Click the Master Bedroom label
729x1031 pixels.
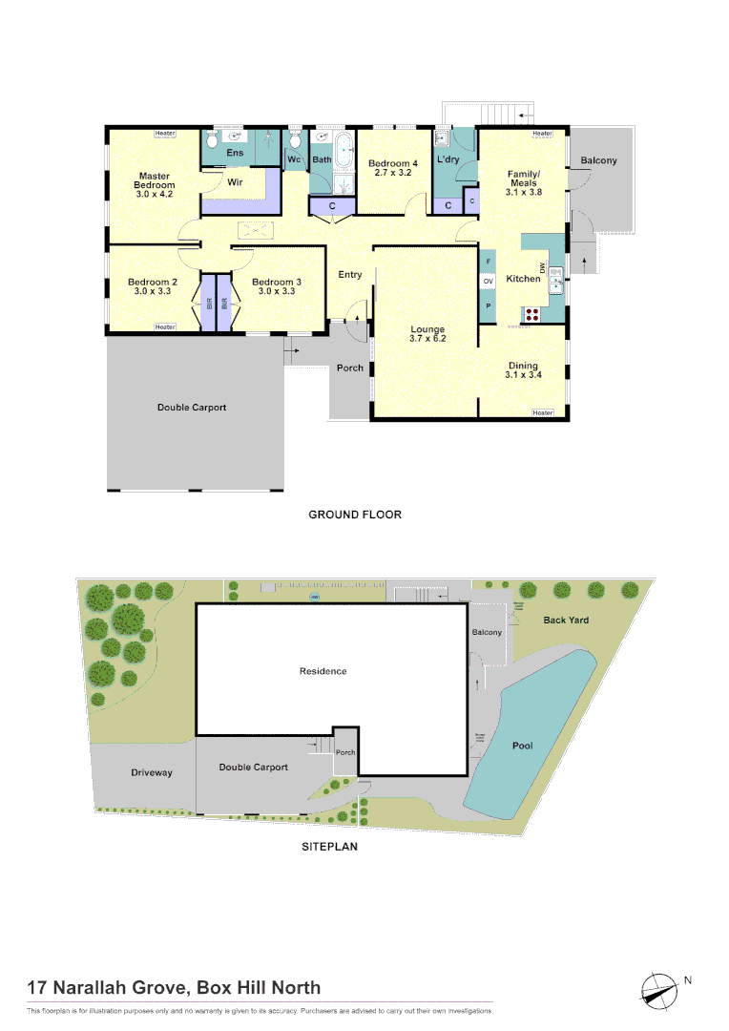pyautogui.click(x=155, y=180)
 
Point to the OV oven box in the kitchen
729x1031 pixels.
pyautogui.click(x=488, y=282)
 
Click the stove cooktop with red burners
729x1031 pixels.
pyautogui.click(x=532, y=312)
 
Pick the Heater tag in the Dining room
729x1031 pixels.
pyautogui.click(x=543, y=412)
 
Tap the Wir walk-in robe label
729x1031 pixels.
pyautogui.click(x=234, y=181)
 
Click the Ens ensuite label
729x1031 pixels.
pyautogui.click(x=235, y=153)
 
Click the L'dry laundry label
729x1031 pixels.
pyautogui.click(x=448, y=159)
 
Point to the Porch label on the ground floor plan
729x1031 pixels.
pyautogui.click(x=350, y=368)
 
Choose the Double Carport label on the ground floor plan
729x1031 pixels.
pyautogui.click(x=192, y=408)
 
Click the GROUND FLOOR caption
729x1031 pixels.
pyautogui.click(x=355, y=515)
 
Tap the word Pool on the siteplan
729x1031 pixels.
pyautogui.click(x=522, y=746)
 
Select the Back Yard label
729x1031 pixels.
pyautogui.click(x=566, y=621)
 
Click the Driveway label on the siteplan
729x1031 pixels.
pyautogui.click(x=152, y=772)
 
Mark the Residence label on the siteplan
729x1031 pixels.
pyautogui.click(x=323, y=671)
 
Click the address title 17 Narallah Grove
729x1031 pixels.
pyautogui.click(x=175, y=988)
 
